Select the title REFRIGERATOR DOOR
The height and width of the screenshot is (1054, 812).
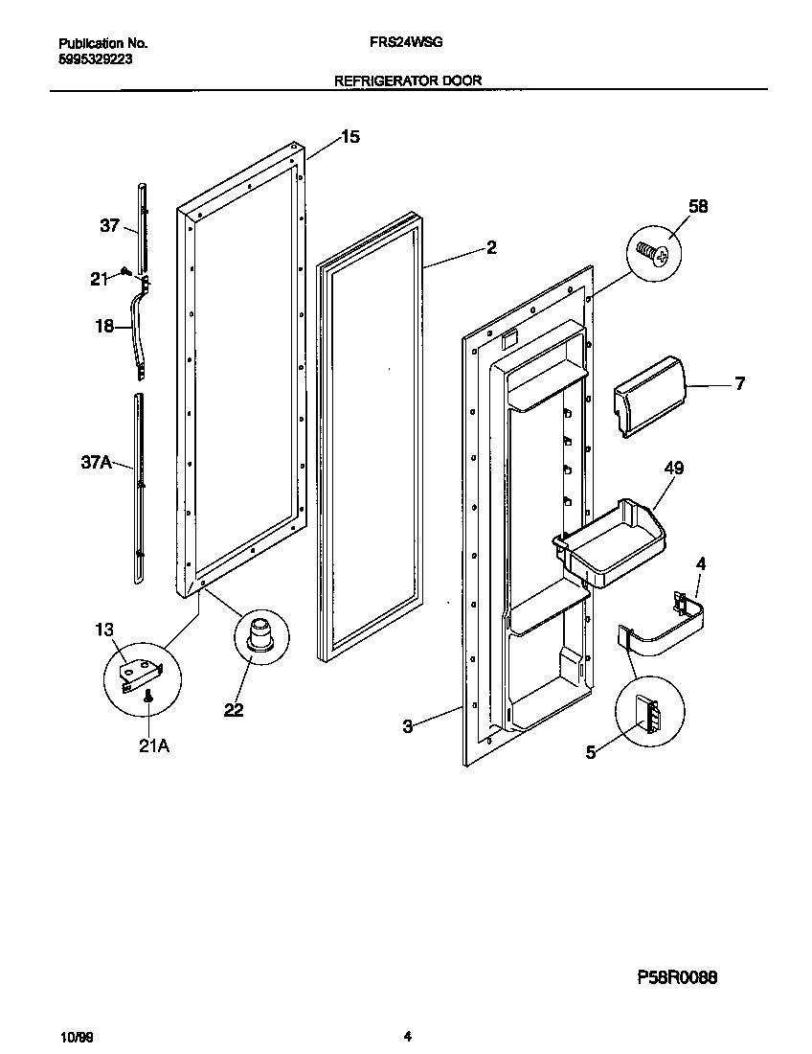click(407, 81)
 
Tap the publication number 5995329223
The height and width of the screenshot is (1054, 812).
click(95, 58)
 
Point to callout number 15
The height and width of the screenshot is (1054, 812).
click(350, 137)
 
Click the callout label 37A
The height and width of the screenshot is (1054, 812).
click(96, 464)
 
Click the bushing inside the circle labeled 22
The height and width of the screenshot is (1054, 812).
click(258, 636)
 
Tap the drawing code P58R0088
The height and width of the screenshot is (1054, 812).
click(677, 978)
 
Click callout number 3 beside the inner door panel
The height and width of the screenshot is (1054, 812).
click(407, 726)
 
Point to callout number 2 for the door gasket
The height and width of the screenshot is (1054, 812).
click(490, 247)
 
